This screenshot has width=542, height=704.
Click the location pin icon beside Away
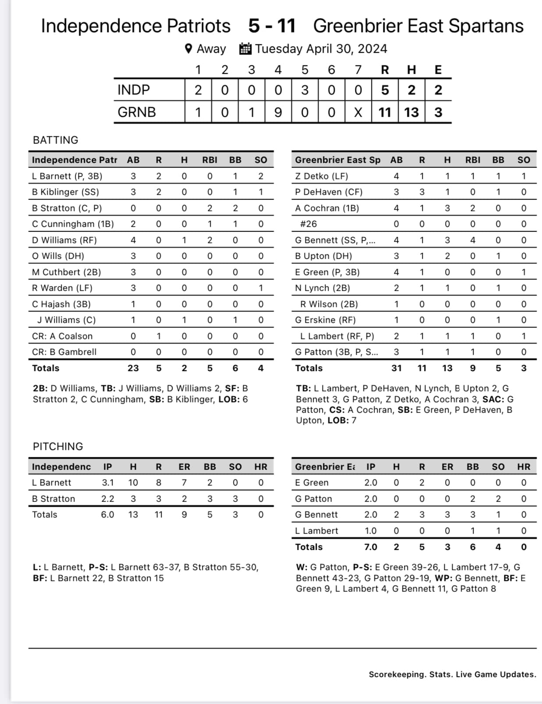point(188,49)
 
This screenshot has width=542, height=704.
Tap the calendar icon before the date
point(245,49)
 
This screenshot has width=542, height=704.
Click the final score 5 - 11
point(272,26)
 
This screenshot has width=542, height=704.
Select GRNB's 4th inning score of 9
point(278,113)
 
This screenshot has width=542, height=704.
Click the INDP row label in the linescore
point(134,90)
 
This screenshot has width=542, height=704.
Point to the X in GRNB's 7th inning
point(358,113)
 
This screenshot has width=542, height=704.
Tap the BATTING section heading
point(56,140)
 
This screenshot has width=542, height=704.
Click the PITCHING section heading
point(58,447)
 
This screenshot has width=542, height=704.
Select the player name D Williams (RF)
point(64,240)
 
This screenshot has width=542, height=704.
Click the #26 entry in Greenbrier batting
point(308,224)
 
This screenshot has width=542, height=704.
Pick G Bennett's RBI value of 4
point(472,240)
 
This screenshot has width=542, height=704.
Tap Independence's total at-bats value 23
point(133,368)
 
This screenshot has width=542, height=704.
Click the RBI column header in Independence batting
point(209,160)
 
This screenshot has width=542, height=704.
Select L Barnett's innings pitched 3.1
point(108,483)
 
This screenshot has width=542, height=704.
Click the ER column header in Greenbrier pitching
point(447,467)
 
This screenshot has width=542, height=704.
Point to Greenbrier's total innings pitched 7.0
point(371,547)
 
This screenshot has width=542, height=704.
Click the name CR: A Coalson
point(62,336)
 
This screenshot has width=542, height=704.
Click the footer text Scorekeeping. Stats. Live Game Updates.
point(452,675)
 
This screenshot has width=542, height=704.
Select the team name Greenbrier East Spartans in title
point(418,26)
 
